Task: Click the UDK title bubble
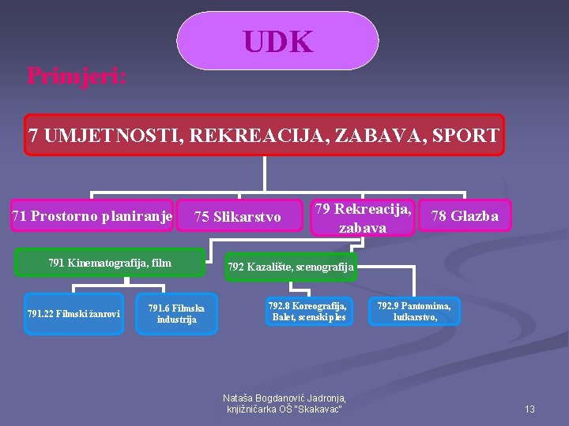click(277, 41)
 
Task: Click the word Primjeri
click(77, 76)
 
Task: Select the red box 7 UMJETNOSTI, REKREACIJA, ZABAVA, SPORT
click(264, 135)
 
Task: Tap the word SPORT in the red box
click(465, 135)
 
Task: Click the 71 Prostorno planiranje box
click(92, 216)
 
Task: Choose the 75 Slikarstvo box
click(238, 216)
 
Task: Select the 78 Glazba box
click(464, 215)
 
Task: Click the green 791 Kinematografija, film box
click(110, 263)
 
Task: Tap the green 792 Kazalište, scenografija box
click(291, 267)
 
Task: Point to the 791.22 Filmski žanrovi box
click(73, 314)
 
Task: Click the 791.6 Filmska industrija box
click(176, 313)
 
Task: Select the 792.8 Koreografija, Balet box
click(307, 311)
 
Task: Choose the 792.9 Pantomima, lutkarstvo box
click(414, 311)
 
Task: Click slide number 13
click(529, 409)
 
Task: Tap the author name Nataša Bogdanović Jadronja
click(284, 398)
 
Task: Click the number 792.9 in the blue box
click(390, 305)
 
